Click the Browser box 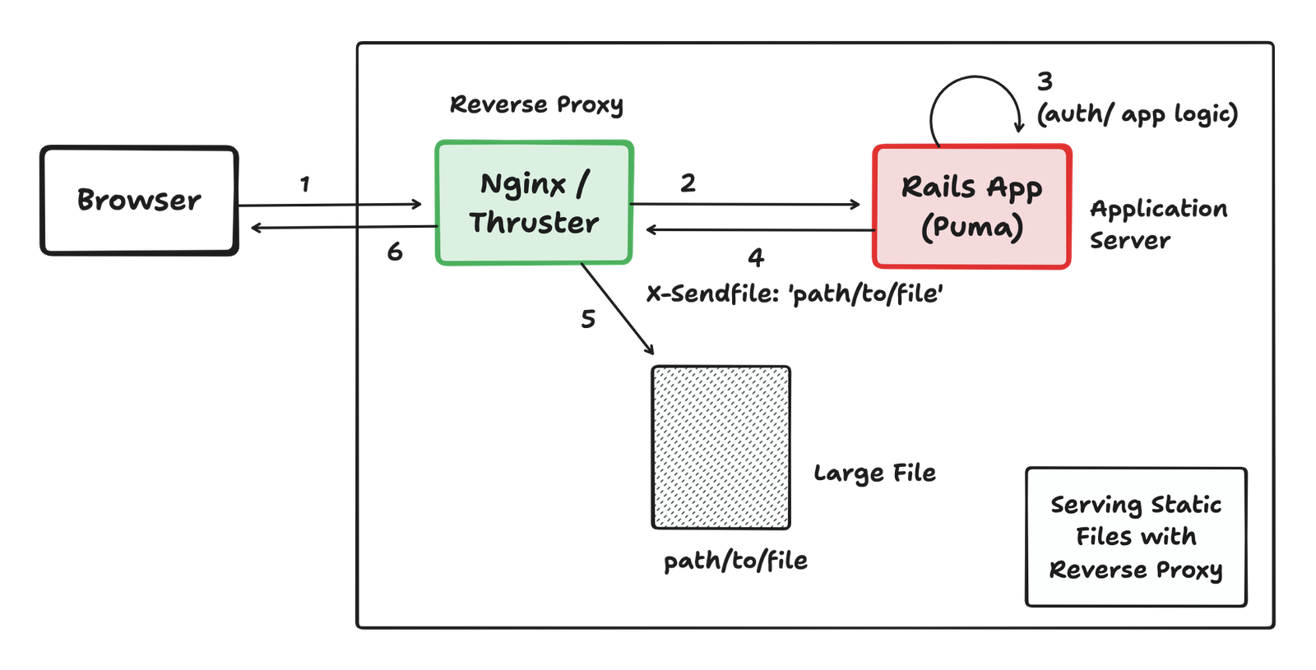(139, 201)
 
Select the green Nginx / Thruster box (534, 202)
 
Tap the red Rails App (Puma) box (971, 206)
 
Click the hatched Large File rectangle (721, 447)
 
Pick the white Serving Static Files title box (1136, 537)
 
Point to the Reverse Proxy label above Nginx (536, 104)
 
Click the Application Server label (1157, 224)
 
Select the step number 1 (305, 184)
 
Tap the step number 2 (688, 183)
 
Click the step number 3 (1045, 81)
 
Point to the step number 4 (756, 257)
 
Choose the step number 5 (587, 318)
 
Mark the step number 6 (395, 252)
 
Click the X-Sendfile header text (795, 293)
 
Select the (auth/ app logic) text (1138, 114)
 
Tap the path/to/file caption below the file (735, 561)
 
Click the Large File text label (874, 473)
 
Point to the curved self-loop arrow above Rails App (975, 82)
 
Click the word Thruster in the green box (534, 223)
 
